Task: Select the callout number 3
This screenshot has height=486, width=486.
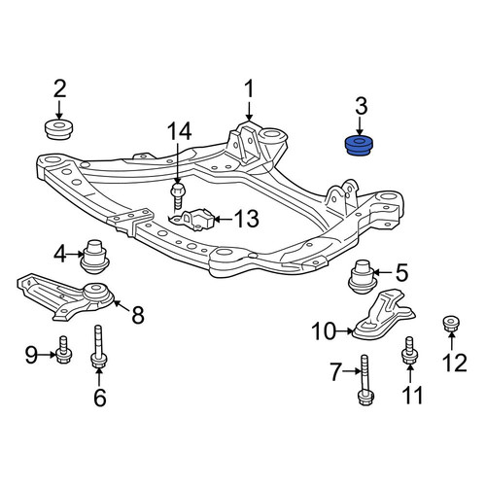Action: coord(362,106)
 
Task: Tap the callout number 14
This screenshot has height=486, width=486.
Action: coord(180,132)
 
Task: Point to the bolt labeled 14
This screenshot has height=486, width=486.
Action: coord(177,195)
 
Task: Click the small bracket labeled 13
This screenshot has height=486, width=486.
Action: coord(191,219)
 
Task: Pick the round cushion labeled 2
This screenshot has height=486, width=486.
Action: coord(57,130)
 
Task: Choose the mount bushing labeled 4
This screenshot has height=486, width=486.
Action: coord(94,257)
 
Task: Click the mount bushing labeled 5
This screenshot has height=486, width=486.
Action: coord(363,277)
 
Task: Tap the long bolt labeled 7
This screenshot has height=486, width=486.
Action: coord(365,380)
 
